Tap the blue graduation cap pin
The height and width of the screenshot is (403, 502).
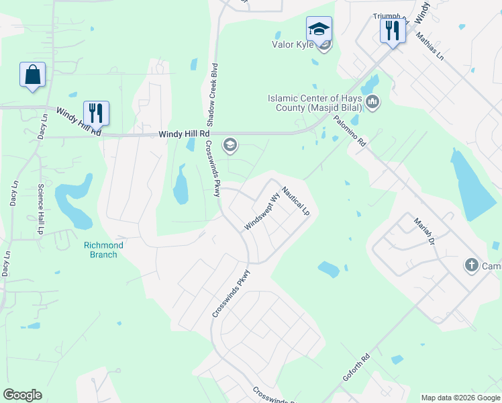pos(319,30)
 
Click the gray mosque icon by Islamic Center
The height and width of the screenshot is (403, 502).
pos(372,102)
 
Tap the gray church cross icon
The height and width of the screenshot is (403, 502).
pos(471,265)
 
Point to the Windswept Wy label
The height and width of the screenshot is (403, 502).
pos(261,213)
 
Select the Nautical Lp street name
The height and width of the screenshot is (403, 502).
pos(295,200)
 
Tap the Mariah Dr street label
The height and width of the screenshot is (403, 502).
pos(424,232)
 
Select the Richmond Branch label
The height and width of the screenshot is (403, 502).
pos(103,250)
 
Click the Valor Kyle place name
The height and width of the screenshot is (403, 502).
pos(293,45)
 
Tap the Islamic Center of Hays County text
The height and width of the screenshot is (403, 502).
pos(314,103)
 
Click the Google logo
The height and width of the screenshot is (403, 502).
pos(22,395)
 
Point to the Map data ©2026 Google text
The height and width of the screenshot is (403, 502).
pos(460,398)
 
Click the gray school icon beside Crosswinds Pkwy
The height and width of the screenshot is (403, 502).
pos(230,145)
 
